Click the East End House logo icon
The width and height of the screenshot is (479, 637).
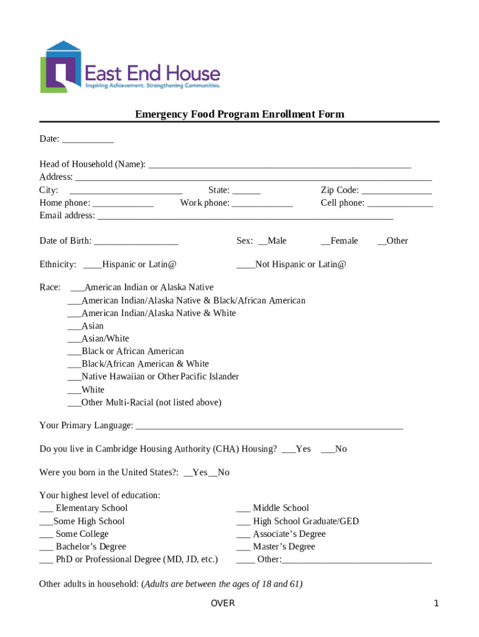(61, 67)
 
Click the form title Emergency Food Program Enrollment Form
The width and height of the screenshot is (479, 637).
(240, 114)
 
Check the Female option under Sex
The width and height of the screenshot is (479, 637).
(325, 241)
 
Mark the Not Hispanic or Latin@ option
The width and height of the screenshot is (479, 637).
(245, 265)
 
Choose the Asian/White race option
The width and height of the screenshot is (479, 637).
(73, 339)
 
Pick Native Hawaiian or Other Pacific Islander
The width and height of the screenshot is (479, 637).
(73, 377)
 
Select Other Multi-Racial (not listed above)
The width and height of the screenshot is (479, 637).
(73, 403)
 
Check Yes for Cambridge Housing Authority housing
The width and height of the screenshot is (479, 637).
(288, 449)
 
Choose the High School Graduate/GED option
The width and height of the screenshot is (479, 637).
(243, 522)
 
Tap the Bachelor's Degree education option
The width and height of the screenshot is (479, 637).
(46, 547)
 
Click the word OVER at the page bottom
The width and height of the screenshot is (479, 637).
(223, 603)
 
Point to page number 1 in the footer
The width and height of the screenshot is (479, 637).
(437, 603)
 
